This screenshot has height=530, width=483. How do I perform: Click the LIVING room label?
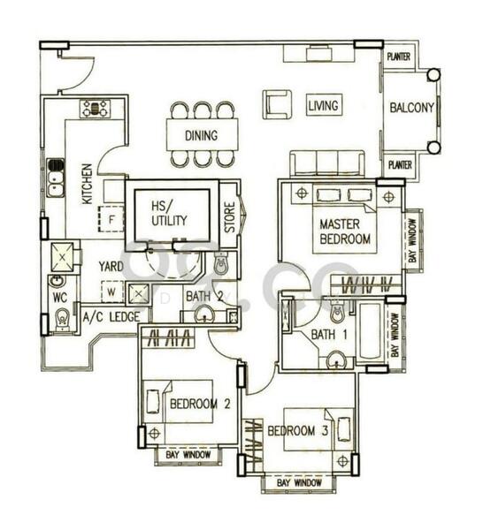coord(323,106)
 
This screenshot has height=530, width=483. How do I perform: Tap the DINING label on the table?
coord(202,137)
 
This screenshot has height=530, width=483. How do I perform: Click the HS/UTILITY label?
coord(169,213)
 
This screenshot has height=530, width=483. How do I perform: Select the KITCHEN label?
coord(88,183)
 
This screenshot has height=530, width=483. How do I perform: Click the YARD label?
coord(111,265)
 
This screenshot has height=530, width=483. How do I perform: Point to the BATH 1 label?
coord(323,335)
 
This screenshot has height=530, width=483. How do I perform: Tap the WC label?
coord(59,298)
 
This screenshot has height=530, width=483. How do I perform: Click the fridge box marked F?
coord(112,216)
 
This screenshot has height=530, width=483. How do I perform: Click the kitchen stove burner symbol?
coord(95,109)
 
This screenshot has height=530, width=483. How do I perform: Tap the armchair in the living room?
coord(277,103)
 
